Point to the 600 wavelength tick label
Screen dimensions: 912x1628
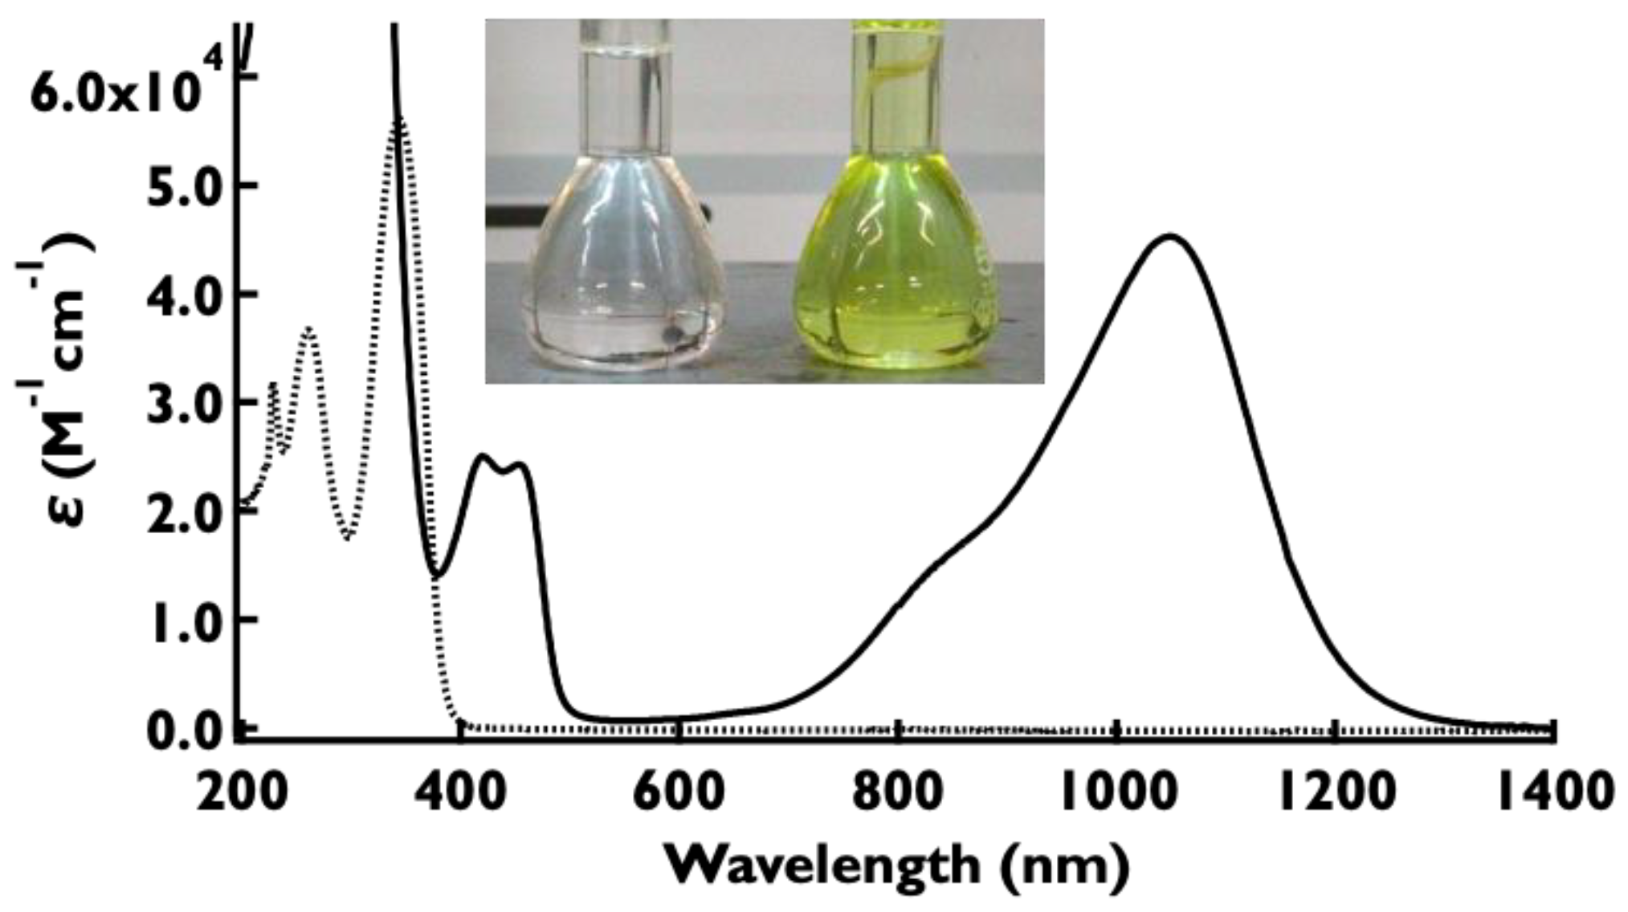point(679,793)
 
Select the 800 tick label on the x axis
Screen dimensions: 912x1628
point(897,793)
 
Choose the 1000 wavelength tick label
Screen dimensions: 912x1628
point(1116,793)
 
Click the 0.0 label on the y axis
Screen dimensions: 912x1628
point(186,731)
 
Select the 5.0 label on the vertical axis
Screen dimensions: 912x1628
point(186,186)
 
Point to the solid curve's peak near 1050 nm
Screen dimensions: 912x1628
point(1169,236)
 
